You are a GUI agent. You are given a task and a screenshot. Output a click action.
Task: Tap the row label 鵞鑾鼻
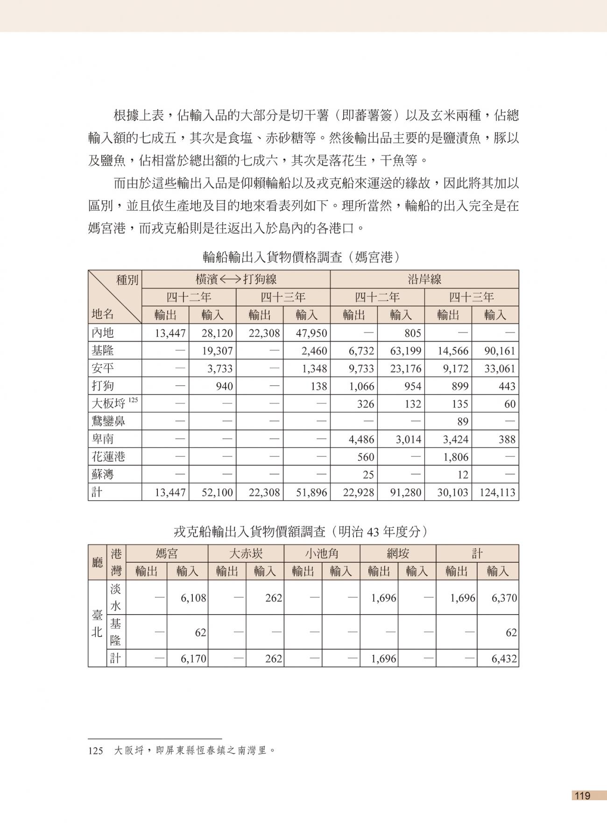coord(108,422)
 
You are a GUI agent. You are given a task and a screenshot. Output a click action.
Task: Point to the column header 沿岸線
coord(424,279)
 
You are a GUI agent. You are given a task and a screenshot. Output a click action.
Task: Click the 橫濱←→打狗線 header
coord(236,279)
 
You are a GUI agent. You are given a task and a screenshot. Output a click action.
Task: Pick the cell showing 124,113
coord(497,492)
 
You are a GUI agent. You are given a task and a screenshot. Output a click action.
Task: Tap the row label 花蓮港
coord(108,457)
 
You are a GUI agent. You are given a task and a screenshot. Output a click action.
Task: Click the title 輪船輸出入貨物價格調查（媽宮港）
coord(303,257)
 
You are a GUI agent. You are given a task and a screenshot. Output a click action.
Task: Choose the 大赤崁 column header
coord(246,554)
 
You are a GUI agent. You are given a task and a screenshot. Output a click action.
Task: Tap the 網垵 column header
coord(398,554)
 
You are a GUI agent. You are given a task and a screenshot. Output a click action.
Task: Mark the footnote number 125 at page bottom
coord(95,751)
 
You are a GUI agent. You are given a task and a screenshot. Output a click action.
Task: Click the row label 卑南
coord(103,439)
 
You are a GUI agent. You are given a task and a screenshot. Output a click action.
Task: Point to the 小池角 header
coord(322,554)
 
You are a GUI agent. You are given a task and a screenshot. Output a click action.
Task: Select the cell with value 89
coord(462,422)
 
